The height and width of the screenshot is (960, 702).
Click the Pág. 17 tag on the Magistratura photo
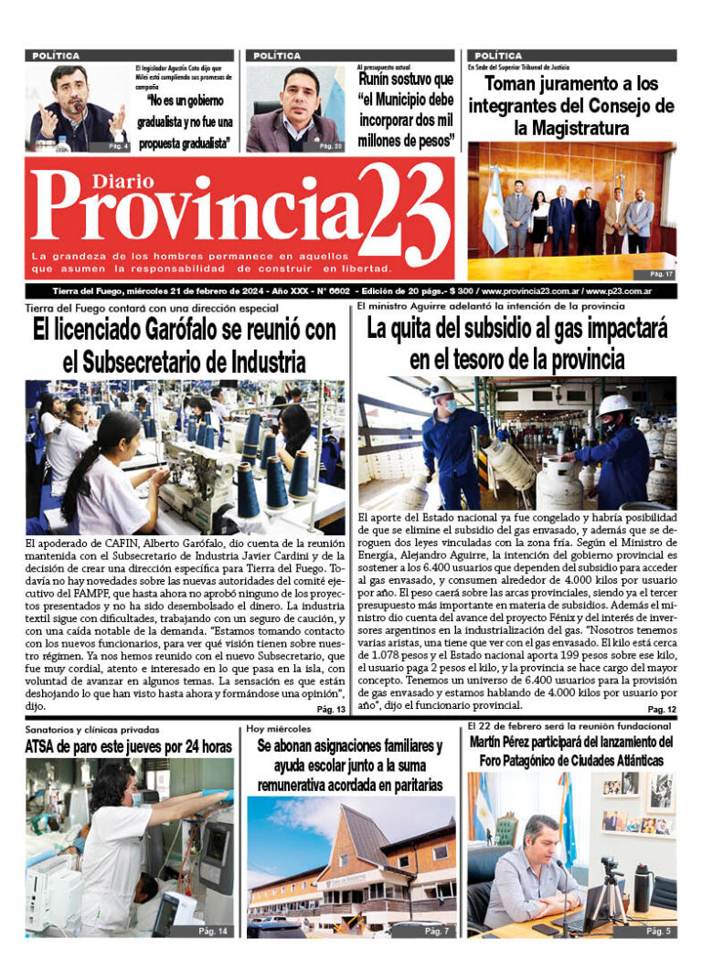(661, 273)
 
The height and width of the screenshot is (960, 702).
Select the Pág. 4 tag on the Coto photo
(117, 146)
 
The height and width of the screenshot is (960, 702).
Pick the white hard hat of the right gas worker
(613, 404)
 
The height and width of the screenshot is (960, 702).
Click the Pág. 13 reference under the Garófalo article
(331, 710)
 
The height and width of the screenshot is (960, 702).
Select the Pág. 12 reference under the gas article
(661, 710)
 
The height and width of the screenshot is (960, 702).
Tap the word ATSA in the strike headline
(44, 747)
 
